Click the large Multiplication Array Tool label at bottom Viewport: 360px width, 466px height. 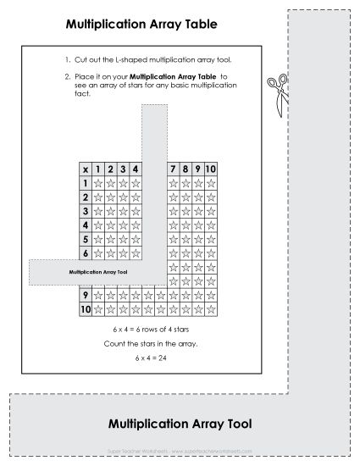click(180, 423)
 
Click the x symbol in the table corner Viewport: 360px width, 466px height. click(85, 169)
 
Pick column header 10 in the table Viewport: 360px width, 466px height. click(212, 169)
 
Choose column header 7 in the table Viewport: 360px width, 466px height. click(174, 169)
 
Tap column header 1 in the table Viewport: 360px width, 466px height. click(97, 169)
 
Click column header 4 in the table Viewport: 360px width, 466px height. click(136, 169)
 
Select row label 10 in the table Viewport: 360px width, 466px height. click(85, 310)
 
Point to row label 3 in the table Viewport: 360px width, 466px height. click(85, 211)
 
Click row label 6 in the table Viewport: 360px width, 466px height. click(85, 253)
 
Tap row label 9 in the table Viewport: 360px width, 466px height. click(85, 296)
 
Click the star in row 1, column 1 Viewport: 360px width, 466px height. click(97, 183)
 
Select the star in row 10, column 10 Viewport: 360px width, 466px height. click(212, 310)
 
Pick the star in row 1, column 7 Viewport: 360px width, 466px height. click(174, 183)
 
